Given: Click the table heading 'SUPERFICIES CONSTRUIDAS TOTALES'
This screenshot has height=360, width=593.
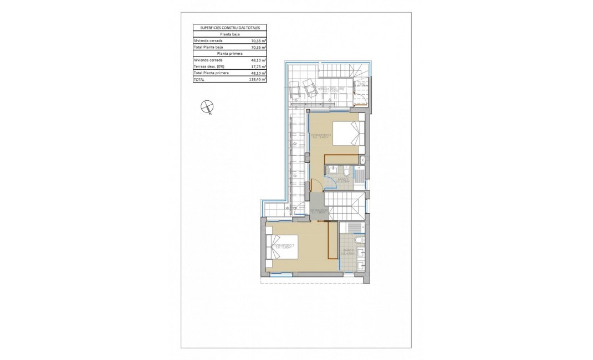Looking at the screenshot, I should [229, 27].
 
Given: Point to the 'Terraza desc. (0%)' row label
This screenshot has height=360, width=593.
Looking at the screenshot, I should [208, 66].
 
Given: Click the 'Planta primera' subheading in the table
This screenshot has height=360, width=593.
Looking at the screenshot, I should [229, 54].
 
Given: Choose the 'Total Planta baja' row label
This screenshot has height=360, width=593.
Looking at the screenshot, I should [208, 47].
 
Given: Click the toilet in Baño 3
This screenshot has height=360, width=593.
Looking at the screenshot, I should [345, 169].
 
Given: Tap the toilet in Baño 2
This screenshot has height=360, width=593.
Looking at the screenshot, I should [358, 239].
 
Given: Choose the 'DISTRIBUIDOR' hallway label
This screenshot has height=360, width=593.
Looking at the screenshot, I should [320, 211].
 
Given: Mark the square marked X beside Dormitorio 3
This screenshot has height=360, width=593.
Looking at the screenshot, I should [362, 160].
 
